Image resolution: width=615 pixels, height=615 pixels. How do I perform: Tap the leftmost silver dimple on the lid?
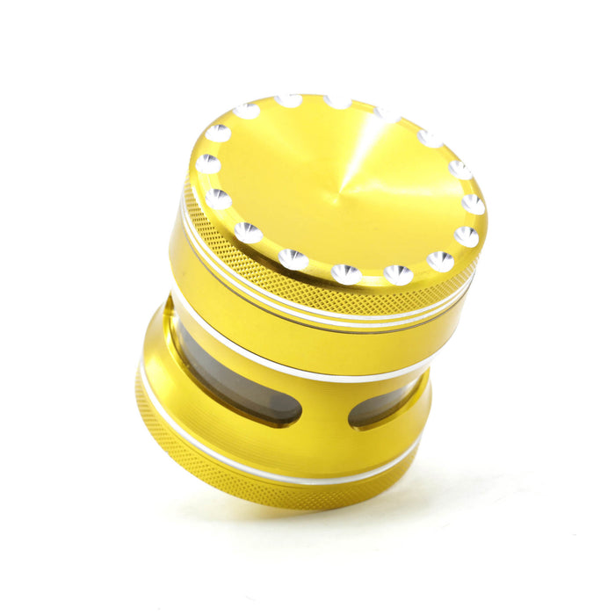208,164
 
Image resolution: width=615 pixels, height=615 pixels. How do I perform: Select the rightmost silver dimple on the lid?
473,204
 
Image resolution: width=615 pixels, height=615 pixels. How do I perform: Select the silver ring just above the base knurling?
264,457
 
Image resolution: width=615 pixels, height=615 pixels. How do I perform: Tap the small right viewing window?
382,406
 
